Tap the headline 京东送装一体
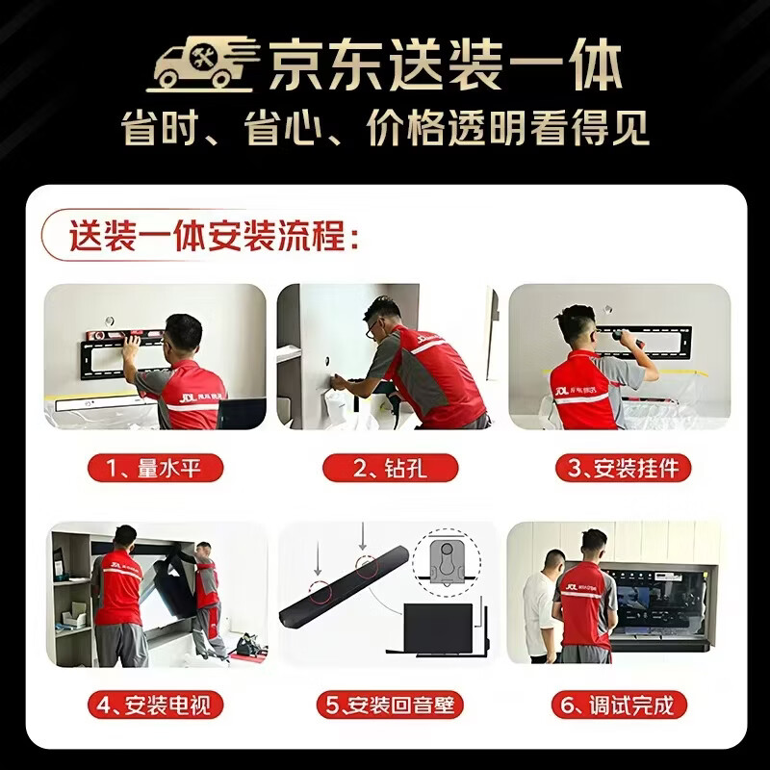click(446, 65)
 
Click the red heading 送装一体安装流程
click(214, 236)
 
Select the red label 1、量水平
click(155, 468)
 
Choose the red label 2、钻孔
click(391, 468)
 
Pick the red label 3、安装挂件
click(623, 468)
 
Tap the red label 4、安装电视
click(155, 706)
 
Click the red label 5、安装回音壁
click(391, 706)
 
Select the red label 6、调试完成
click(619, 706)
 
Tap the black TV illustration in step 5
click(438, 629)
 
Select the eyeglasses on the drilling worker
click(373, 326)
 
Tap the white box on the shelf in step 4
click(74, 615)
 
